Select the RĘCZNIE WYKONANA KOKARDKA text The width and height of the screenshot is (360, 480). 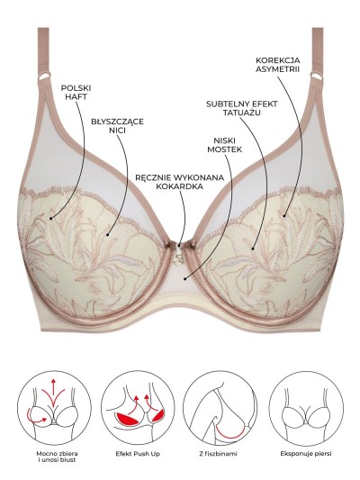coord(179,182)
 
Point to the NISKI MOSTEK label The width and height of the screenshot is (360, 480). coord(224,145)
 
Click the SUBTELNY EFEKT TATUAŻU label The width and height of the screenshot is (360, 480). coord(241,108)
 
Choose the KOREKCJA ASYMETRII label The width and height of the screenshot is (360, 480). coord(278,65)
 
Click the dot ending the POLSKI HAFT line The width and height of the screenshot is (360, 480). coord(50,218)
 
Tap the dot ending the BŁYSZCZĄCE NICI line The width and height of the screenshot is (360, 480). coord(108,235)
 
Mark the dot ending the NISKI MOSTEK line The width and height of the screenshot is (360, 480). coord(184,278)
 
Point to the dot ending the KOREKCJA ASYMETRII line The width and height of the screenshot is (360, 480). coord(284,216)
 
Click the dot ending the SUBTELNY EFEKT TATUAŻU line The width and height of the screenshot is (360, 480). coord(253,249)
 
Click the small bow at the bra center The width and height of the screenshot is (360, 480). coord(179,245)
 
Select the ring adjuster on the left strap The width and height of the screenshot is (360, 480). coord(44,76)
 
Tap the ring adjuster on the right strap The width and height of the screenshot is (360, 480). coord(317,76)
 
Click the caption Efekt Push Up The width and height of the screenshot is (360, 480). coord(138,454)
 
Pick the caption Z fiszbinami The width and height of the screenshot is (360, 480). coord(218,454)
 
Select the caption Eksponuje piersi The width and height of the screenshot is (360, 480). coord(306,454)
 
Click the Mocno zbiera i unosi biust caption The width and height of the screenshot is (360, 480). coord(57,457)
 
